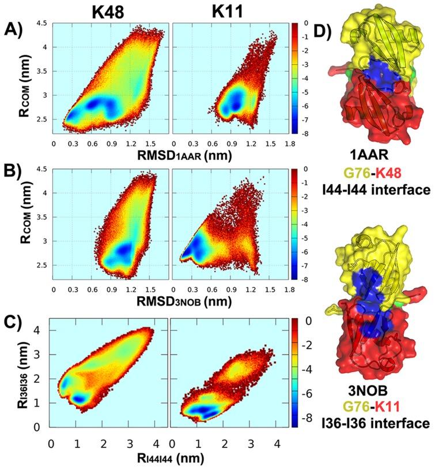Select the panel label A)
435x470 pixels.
point(13,28)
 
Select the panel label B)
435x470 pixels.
point(13,174)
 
